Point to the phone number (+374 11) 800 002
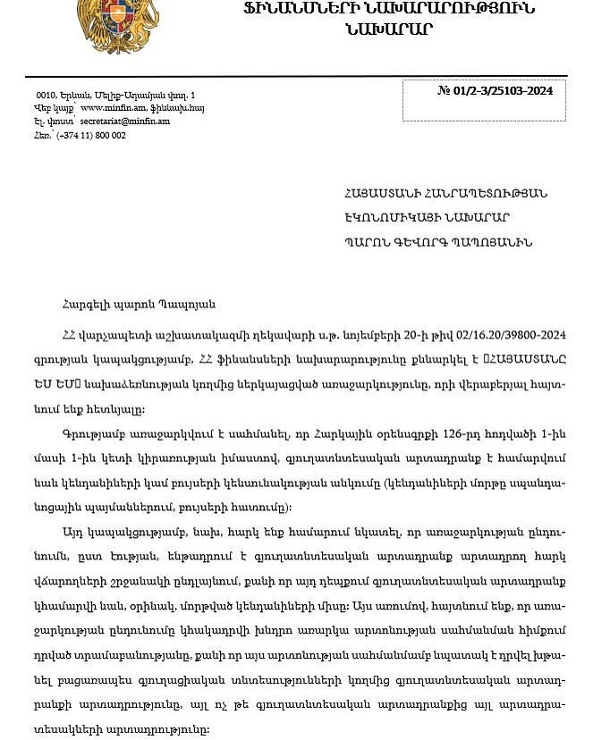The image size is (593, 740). (x=90, y=136)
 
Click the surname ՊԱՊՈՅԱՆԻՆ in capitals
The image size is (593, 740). (x=493, y=241)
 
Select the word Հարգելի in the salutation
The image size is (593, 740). (x=86, y=305)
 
